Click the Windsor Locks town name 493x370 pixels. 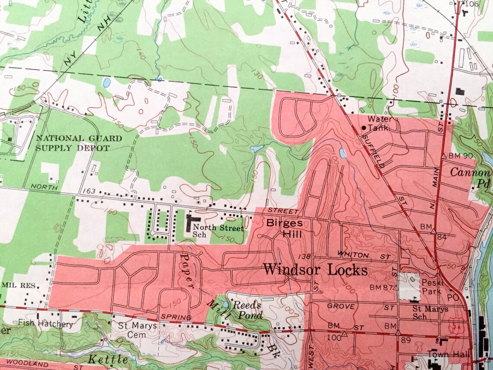coord(315,270)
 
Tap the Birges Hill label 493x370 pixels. coord(284,228)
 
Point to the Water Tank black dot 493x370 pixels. coord(364,128)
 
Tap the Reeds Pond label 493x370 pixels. coord(247,310)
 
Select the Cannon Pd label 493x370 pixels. coord(470,177)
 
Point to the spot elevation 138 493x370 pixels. coord(305,256)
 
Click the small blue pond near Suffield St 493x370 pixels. coord(343,153)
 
